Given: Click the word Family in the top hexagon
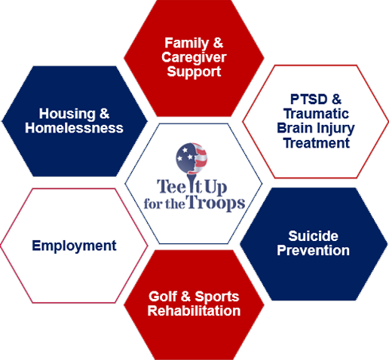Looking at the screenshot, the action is pyautogui.click(x=187, y=43).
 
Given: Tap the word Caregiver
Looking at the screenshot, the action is pyautogui.click(x=194, y=57).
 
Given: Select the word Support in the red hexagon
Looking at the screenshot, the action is pyautogui.click(x=194, y=72).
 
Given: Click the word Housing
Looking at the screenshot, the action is pyautogui.click(x=67, y=114).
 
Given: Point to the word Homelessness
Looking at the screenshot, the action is pyautogui.click(x=74, y=128).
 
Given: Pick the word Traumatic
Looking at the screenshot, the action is pyautogui.click(x=316, y=114).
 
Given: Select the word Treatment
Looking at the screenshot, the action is pyautogui.click(x=317, y=143).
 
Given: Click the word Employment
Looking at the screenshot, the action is pyautogui.click(x=74, y=246).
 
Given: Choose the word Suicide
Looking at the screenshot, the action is pyautogui.click(x=313, y=236).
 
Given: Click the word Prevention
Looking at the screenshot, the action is pyautogui.click(x=313, y=250).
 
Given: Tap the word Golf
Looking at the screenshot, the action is pyautogui.click(x=163, y=296).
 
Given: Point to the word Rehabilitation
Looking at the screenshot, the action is pyautogui.click(x=194, y=311).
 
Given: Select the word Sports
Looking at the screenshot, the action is pyautogui.click(x=217, y=297).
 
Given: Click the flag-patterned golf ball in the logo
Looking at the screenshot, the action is pyautogui.click(x=191, y=158).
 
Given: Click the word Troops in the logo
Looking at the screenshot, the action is pyautogui.click(x=216, y=203).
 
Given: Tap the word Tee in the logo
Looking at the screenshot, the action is pyautogui.click(x=172, y=187).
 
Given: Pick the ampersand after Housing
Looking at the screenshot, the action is pyautogui.click(x=105, y=114).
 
